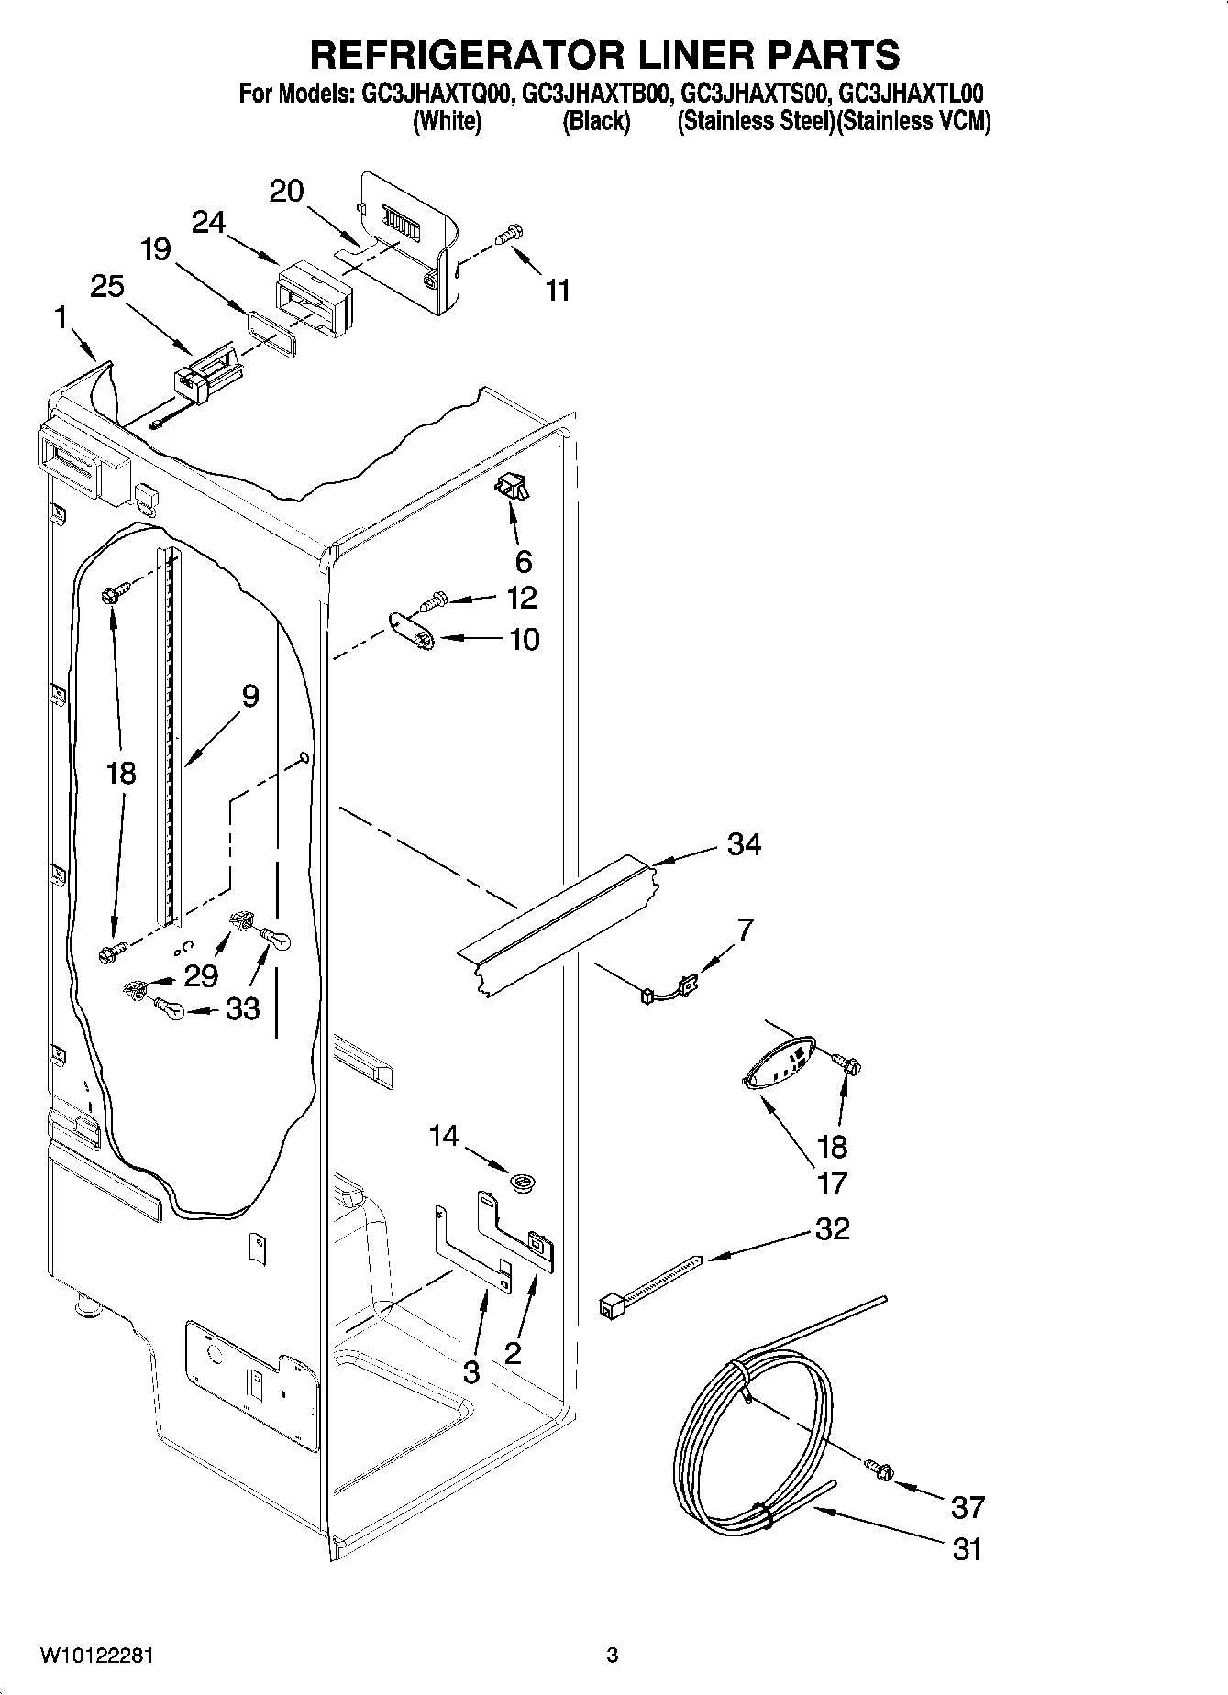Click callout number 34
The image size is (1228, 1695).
click(744, 844)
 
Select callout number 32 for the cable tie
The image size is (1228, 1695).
click(832, 1228)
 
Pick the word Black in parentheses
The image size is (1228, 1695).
click(596, 121)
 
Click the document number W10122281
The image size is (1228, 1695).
click(96, 1656)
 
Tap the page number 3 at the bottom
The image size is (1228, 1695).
click(613, 1656)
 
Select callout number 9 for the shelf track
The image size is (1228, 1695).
click(250, 696)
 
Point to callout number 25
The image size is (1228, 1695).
click(107, 287)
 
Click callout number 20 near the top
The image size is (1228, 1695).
click(287, 191)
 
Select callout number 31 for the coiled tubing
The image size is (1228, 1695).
click(967, 1549)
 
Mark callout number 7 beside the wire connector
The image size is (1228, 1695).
click(745, 930)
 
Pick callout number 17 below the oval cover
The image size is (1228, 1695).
click(831, 1183)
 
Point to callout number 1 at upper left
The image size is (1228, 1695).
click(61, 318)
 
